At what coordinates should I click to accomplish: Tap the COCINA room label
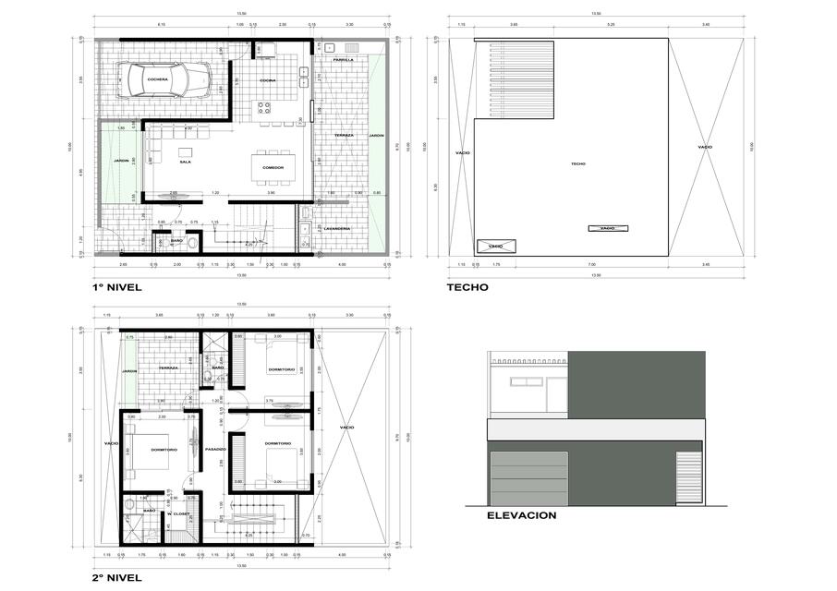click(x=267, y=80)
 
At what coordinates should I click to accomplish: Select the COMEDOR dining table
click(x=273, y=166)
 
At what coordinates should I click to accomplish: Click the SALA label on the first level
click(x=185, y=163)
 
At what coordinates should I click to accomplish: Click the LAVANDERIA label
click(x=336, y=227)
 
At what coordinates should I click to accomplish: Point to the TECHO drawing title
click(x=467, y=287)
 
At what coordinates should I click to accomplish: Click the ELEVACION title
click(x=521, y=515)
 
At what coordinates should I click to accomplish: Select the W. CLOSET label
click(x=178, y=513)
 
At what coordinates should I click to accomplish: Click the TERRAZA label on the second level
click(x=167, y=368)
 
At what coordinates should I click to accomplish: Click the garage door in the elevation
click(x=528, y=478)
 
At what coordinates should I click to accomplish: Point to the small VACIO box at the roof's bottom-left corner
click(x=495, y=247)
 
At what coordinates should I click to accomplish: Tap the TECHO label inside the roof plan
click(x=577, y=163)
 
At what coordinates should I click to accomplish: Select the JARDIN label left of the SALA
click(x=121, y=161)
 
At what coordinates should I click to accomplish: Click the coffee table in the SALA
click(x=185, y=151)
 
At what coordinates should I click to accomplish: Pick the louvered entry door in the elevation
click(x=685, y=477)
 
